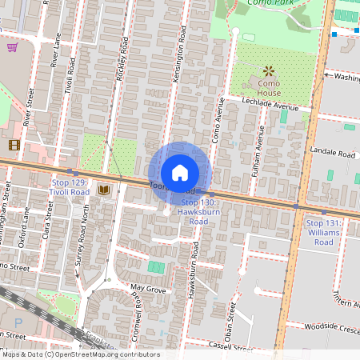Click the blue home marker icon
179,172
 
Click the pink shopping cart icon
12,47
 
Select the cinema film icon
14,145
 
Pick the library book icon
103,190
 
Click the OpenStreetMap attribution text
80,354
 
